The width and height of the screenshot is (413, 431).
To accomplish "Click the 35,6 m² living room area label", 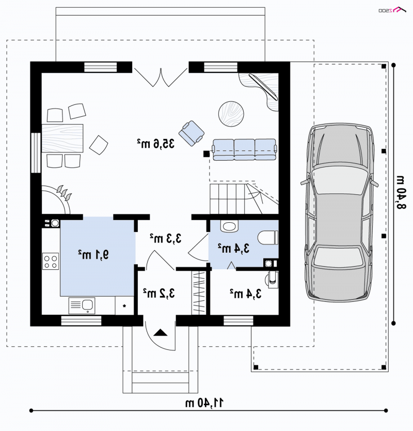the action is [156, 144].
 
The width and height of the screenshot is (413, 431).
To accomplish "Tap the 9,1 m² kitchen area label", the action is [93, 255].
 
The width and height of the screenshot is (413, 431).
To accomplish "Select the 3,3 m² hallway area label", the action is [166, 238].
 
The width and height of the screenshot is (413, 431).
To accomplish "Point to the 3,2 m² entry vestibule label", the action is [159, 294].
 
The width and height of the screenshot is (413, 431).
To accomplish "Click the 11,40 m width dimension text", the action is [204, 403].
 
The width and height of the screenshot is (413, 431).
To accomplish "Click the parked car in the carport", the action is [340, 212].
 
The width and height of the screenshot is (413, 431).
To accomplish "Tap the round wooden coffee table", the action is [231, 114].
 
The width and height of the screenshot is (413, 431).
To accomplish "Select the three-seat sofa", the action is [244, 149].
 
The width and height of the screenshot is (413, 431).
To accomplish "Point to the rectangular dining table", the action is [62, 138].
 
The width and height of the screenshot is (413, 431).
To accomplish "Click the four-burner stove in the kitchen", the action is [51, 261].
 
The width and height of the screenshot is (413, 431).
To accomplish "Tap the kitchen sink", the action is [82, 305].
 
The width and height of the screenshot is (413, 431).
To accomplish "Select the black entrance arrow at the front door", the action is [161, 333].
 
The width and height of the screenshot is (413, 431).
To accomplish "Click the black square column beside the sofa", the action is [206, 154].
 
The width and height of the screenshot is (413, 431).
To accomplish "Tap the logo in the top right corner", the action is [392, 10].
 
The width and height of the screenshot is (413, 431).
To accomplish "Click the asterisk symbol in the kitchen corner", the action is [124, 306].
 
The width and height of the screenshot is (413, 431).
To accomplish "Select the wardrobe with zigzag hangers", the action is [199, 293].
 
